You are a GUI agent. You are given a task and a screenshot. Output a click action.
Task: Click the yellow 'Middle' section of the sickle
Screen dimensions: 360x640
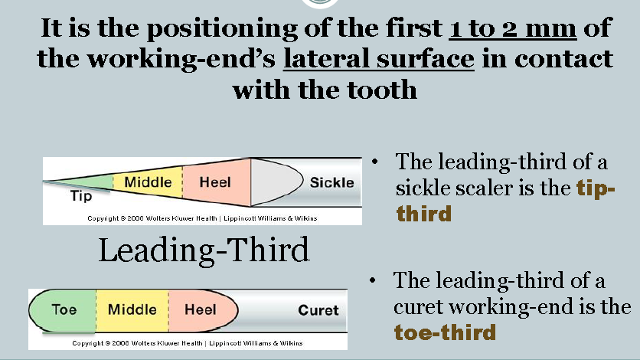[148, 182]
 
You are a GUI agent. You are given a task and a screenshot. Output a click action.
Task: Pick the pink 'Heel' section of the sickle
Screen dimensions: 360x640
[215, 182]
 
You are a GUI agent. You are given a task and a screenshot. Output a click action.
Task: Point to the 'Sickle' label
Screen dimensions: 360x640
[331, 182]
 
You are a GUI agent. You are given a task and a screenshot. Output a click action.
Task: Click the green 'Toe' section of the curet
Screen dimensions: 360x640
[64, 310]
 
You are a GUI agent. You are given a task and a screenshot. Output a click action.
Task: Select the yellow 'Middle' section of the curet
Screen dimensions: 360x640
[132, 310]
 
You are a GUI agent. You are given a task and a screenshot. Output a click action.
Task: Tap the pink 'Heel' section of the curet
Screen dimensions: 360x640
[201, 310]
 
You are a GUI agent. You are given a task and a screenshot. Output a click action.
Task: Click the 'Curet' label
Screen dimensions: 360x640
[318, 310]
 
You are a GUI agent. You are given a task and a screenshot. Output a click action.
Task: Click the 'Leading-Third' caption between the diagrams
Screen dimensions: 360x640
[204, 250]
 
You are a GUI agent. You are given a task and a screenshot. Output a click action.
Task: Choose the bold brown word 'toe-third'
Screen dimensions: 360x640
[445, 332]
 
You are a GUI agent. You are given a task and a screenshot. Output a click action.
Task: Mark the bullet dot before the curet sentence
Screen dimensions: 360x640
[373, 282]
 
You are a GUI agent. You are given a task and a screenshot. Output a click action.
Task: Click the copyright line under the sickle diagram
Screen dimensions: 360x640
[202, 218]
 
